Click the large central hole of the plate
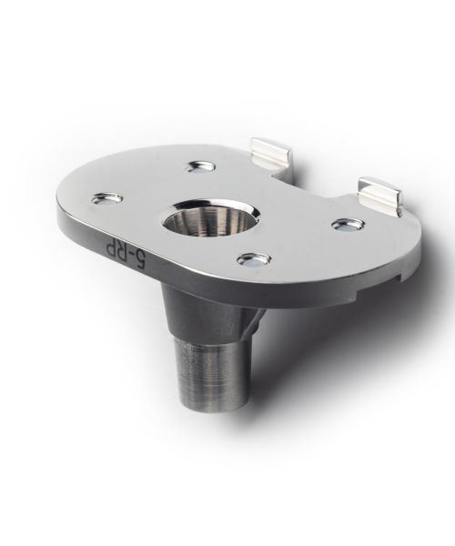[211, 217]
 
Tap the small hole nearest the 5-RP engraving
[106, 198]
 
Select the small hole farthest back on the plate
[200, 167]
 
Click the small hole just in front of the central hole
[254, 259]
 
